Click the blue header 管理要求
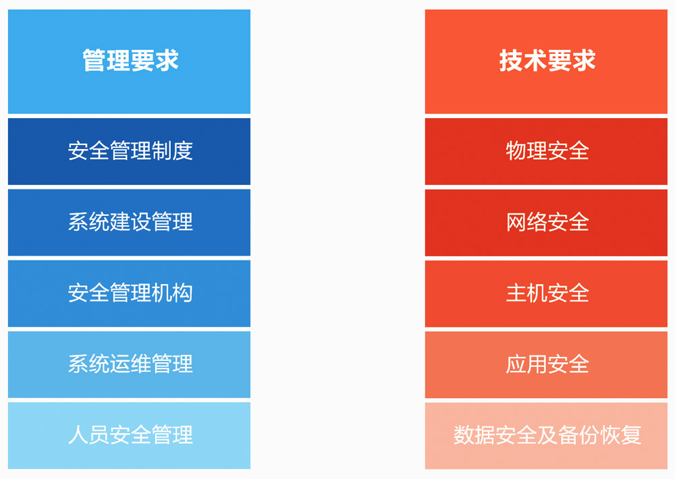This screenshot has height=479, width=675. [x=129, y=61]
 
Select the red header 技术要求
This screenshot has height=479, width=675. [x=546, y=61]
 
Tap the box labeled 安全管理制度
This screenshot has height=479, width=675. [x=129, y=152]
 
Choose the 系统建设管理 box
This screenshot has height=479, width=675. [x=129, y=223]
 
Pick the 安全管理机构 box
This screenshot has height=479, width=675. [x=129, y=293]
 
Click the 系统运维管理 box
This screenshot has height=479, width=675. [x=129, y=364]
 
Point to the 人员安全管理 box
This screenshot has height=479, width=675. [x=129, y=436]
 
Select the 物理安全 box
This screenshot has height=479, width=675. [x=546, y=152]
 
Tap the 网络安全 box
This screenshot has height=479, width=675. [x=546, y=223]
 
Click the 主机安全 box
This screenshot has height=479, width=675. [x=546, y=293]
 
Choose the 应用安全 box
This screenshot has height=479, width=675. [x=546, y=364]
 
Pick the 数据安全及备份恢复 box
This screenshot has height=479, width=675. [x=546, y=436]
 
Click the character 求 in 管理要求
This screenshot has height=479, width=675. [x=167, y=60]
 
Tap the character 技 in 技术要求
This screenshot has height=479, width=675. [x=511, y=60]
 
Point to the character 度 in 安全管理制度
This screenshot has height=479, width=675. [x=182, y=150]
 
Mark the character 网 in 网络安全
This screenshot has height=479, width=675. [x=516, y=222]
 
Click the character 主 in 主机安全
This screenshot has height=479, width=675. [x=516, y=293]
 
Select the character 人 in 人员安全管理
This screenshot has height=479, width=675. [x=78, y=434]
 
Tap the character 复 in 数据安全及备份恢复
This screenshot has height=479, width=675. [x=631, y=434]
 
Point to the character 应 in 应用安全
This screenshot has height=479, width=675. [x=516, y=364]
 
